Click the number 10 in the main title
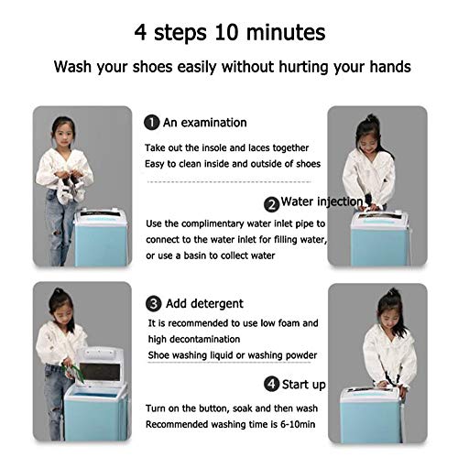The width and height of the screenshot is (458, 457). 226,32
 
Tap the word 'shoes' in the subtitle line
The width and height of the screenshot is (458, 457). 152,67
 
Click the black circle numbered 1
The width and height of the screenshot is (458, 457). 152,123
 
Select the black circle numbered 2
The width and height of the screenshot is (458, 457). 271,204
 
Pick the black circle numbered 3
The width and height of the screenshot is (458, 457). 153,304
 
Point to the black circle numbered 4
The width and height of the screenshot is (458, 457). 271,384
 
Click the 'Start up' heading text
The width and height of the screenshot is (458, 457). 303,385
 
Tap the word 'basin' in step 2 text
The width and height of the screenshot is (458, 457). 195,256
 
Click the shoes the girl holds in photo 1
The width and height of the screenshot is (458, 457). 71,189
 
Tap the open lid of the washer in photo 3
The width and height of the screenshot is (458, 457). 100,367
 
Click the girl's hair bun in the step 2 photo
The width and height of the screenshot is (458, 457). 370,118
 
